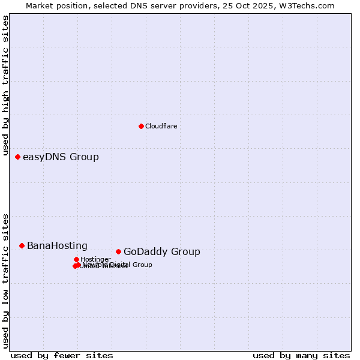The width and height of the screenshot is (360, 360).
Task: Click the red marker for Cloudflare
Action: (x=141, y=126)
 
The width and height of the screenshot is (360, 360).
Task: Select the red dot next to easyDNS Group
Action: (x=17, y=157)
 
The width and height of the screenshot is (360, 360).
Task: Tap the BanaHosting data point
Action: (x=22, y=245)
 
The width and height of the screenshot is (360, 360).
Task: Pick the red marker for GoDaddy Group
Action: (x=118, y=251)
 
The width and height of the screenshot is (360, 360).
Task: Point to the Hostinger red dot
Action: (x=76, y=259)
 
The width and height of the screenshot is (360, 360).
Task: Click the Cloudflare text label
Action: (x=161, y=126)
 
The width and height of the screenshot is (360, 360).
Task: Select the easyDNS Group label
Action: (x=61, y=157)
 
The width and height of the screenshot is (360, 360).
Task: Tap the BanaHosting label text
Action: (x=57, y=246)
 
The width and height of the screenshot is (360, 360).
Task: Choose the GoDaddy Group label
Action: (x=161, y=252)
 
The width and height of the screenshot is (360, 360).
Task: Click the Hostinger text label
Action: (x=95, y=259)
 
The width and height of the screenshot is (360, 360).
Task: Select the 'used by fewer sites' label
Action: (x=62, y=355)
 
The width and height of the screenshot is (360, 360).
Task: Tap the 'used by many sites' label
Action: (x=301, y=355)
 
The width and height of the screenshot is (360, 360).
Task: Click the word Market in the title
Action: (x=40, y=5)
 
